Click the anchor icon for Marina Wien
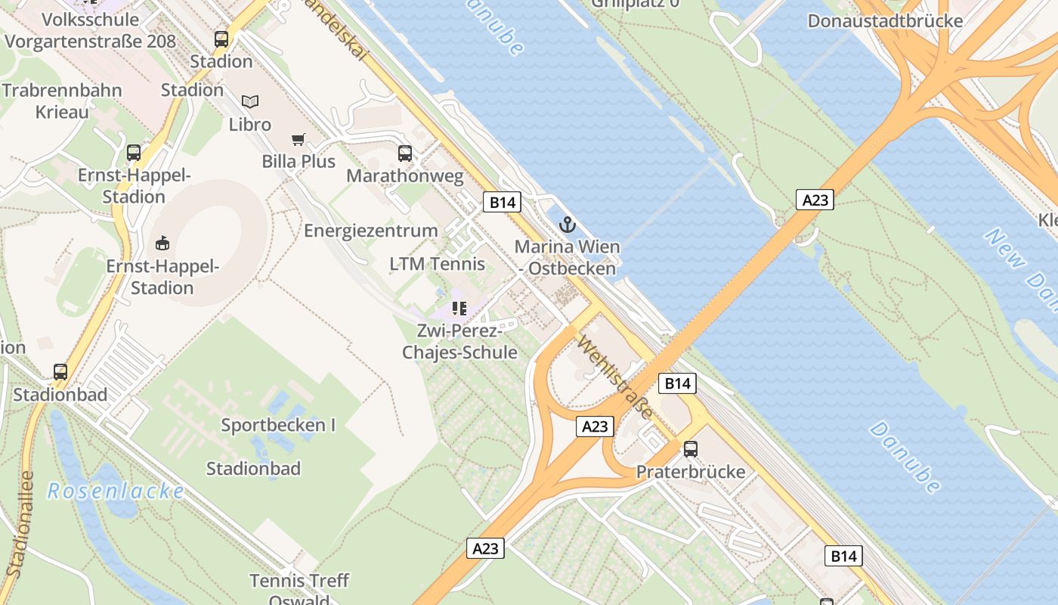[567, 224]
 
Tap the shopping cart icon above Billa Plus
[299, 139]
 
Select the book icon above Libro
[250, 101]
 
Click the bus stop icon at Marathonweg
[405, 154]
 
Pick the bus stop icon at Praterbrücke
[691, 449]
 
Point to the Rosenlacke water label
[116, 492]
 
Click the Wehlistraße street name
[614, 377]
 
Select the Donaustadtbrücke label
[885, 20]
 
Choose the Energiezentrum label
[371, 231]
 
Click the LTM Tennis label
[438, 264]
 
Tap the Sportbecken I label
[278, 425]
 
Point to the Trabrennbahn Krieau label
[62, 101]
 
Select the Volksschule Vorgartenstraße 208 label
[90, 30]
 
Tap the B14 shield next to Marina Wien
[503, 202]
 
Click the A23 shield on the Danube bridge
[815, 200]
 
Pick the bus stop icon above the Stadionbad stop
[60, 372]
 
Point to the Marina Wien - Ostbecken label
[567, 257]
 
